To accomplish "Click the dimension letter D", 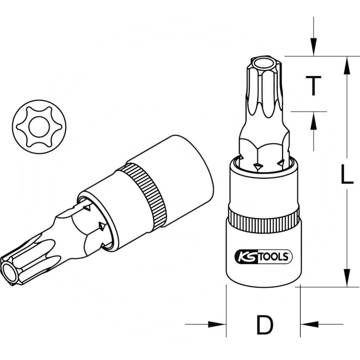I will [264, 324].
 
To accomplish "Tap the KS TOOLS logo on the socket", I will [264, 257].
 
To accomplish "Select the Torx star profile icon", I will [39, 127].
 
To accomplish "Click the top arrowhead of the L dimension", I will [346, 65].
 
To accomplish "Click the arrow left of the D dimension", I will [216, 324].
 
